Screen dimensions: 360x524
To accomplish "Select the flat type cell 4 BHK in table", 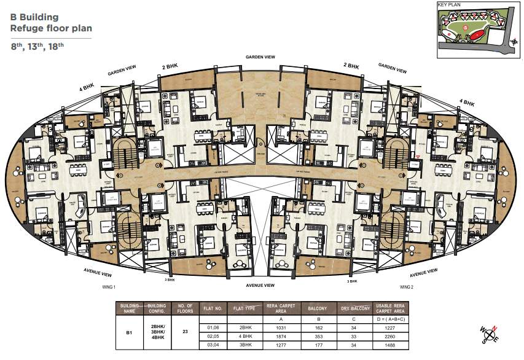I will pos(246,336).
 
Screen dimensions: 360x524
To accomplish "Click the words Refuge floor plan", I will pos(44,28).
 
